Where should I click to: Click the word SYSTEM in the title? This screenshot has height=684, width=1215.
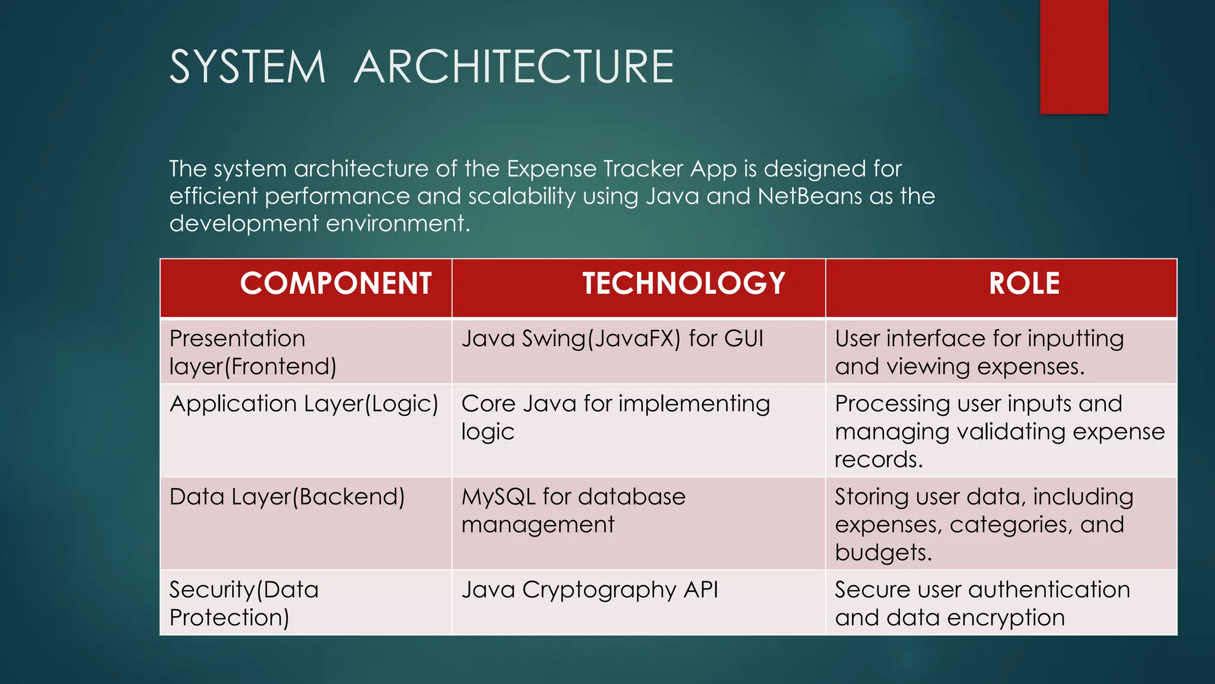point(247,66)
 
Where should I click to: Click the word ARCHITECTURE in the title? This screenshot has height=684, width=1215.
point(514,66)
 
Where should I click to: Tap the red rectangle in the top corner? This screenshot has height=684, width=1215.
point(1074,56)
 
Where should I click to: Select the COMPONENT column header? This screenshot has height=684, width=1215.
point(335,284)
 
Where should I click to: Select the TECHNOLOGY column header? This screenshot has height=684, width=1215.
point(683,284)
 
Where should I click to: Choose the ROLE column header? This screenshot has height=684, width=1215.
point(1024,284)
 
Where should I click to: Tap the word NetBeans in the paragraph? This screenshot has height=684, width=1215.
point(809,196)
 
